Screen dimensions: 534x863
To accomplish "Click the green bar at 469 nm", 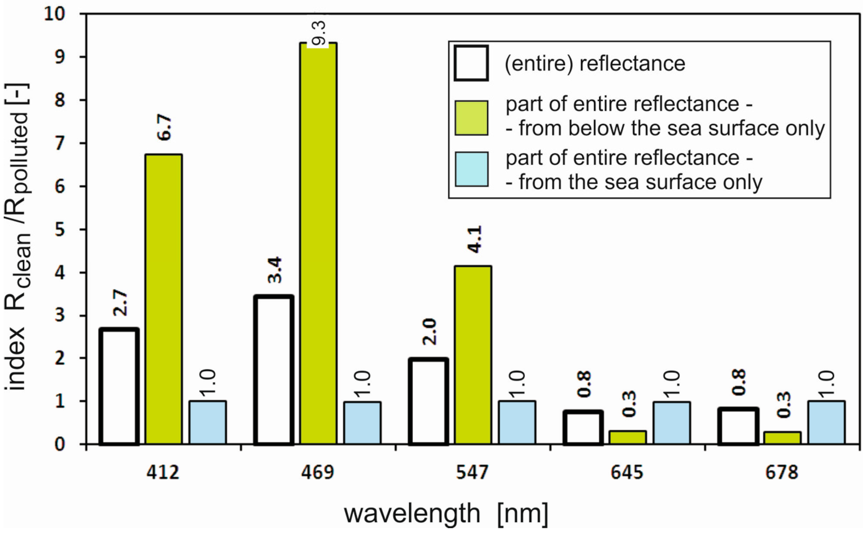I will point(318,244).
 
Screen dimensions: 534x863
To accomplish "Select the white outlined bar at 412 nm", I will point(119,387).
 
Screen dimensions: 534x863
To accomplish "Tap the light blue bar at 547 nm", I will point(517,422).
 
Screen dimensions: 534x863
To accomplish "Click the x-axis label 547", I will point(472,473).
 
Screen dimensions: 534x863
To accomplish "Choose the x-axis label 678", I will point(781,473).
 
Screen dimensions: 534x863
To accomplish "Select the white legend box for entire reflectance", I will point(471,64).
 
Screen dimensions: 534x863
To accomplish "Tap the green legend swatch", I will point(471,118).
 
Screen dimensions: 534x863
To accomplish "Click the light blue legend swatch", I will point(471,169).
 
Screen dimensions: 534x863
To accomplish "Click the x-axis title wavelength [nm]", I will point(446,514).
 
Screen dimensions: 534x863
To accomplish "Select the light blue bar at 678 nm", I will point(826,422).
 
